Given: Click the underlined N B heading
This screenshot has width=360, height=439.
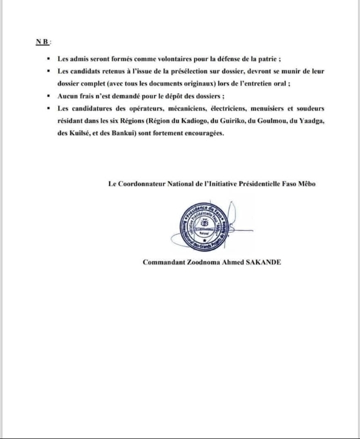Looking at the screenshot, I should click(37, 41).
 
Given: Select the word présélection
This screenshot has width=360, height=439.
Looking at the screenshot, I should click(188, 72).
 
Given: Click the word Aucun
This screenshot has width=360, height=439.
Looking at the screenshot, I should click(68, 97).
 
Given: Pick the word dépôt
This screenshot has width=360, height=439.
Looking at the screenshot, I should click(186, 97).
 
